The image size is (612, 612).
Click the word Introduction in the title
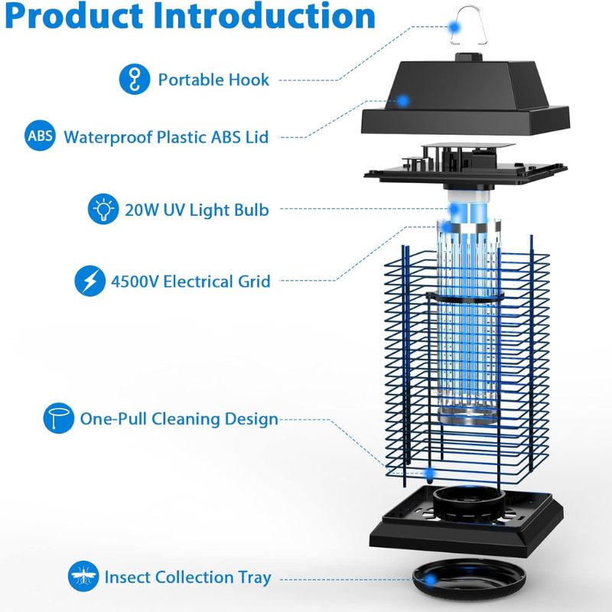click(x=264, y=15)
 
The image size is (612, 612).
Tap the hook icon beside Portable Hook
click(x=135, y=80)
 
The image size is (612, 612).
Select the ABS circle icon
click(x=40, y=135)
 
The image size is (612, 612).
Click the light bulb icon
click(x=103, y=209)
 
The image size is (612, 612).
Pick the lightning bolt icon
click(x=90, y=281)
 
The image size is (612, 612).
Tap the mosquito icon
click(x=83, y=576)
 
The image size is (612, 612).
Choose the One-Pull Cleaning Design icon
click(x=59, y=418)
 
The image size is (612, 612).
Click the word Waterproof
click(x=108, y=138)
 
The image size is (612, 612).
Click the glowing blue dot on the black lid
click(x=403, y=101)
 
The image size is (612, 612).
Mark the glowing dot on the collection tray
click(x=430, y=580)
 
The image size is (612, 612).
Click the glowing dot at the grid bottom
click(x=430, y=473)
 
